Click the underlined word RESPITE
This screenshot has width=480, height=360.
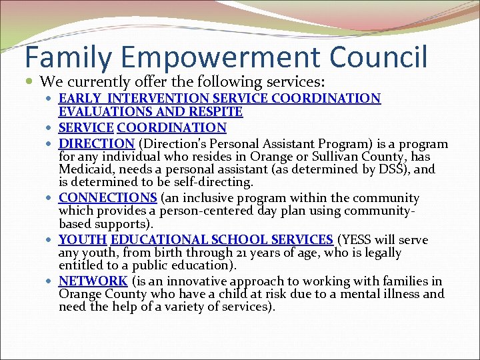point(217,112)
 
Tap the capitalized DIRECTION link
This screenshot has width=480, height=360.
point(97,143)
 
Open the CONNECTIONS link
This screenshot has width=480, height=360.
point(108,198)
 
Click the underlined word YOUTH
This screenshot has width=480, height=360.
point(83,239)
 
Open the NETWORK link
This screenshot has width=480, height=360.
point(93,281)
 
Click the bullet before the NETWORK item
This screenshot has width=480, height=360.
point(51,281)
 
